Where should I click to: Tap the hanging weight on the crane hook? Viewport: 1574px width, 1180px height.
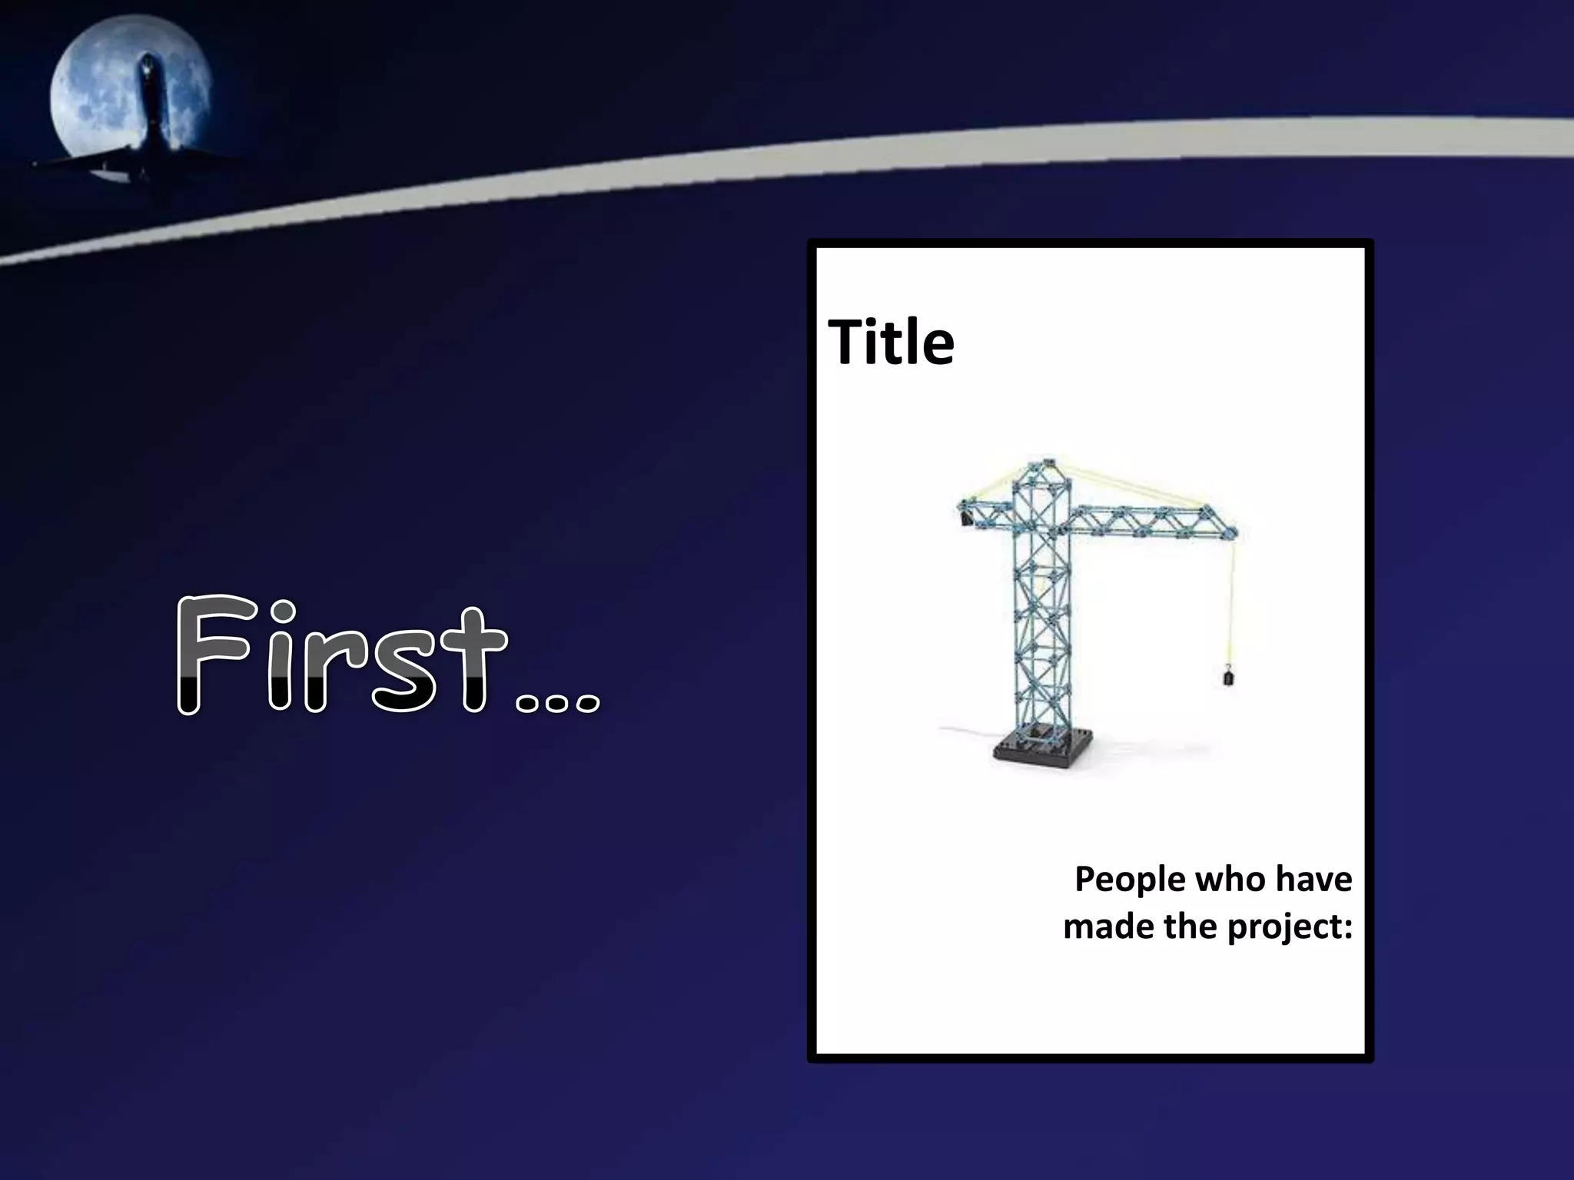[x=1228, y=677]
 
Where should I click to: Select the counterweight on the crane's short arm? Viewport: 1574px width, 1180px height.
[x=965, y=519]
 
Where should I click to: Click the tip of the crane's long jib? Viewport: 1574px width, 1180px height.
[x=1234, y=530]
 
